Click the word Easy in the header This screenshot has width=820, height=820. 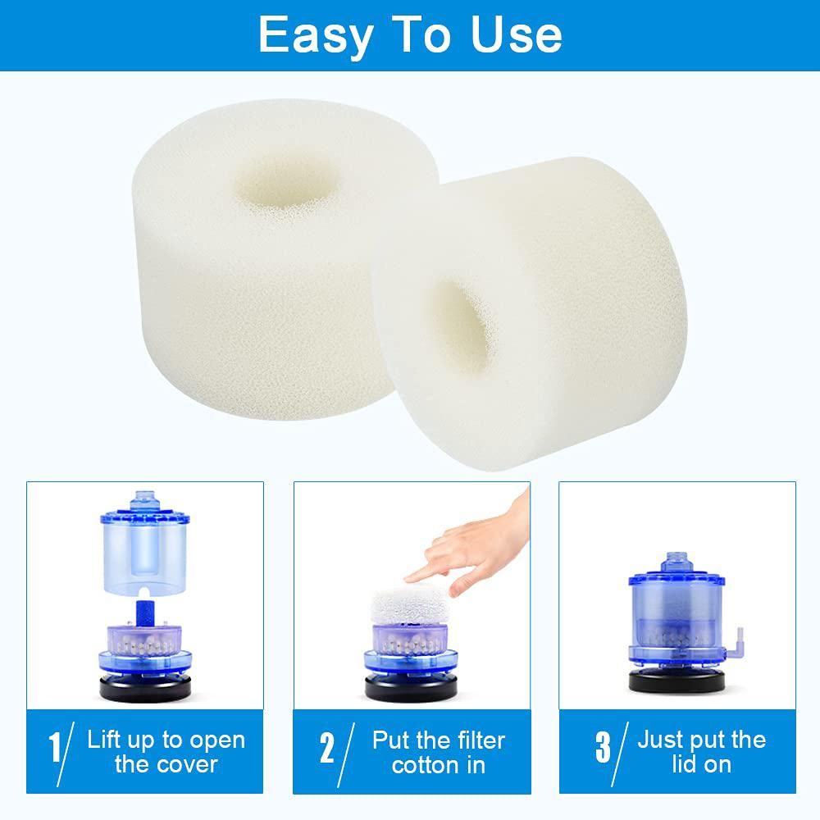(x=316, y=35)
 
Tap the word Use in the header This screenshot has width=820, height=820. (x=516, y=34)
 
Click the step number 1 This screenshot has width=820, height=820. (x=55, y=747)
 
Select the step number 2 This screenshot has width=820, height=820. (x=327, y=748)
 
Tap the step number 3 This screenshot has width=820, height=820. (x=603, y=747)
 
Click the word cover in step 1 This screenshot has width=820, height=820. (x=187, y=765)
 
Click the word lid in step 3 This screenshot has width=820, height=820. (x=682, y=764)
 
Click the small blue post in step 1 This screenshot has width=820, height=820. (x=145, y=612)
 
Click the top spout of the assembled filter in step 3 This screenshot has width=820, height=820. (x=676, y=562)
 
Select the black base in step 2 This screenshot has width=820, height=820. (x=411, y=688)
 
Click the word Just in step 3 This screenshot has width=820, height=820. (x=659, y=740)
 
